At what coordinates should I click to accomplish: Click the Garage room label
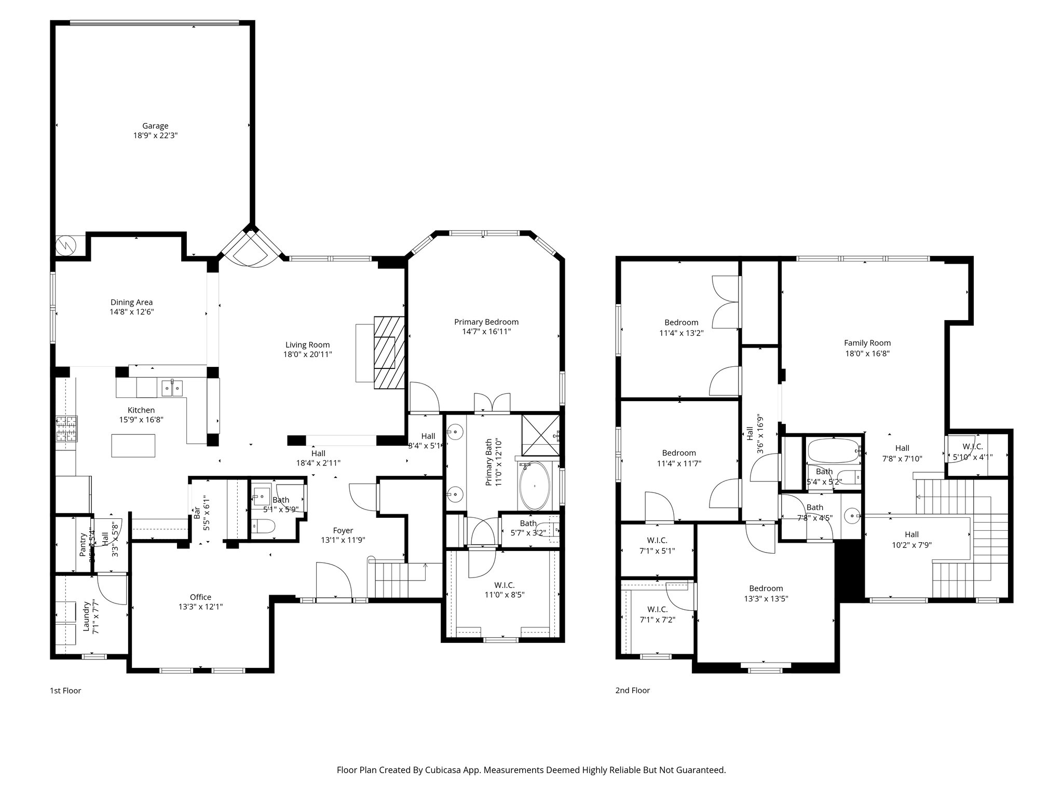pyautogui.click(x=155, y=126)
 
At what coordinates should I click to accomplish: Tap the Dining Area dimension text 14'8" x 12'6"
pyautogui.click(x=131, y=312)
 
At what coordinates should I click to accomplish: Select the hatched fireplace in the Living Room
pyautogui.click(x=389, y=352)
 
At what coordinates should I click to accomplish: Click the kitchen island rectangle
pyautogui.click(x=133, y=446)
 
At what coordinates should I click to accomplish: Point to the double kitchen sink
pyautogui.click(x=172, y=387)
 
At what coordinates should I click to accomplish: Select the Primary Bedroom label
pyautogui.click(x=486, y=322)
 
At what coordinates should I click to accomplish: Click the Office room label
pyautogui.click(x=200, y=597)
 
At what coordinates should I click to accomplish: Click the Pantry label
pyautogui.click(x=83, y=544)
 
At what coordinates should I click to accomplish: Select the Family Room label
pyautogui.click(x=867, y=343)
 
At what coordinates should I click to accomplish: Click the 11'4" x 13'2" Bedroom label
pyautogui.click(x=681, y=322)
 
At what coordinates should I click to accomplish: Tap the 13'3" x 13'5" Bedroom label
pyautogui.click(x=766, y=588)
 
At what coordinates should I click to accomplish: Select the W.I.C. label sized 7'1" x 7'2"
pyautogui.click(x=657, y=609)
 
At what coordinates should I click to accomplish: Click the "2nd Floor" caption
pyautogui.click(x=632, y=690)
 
